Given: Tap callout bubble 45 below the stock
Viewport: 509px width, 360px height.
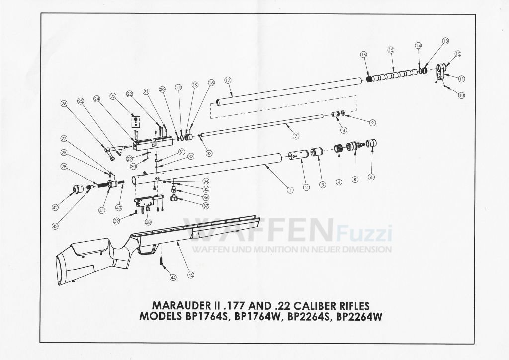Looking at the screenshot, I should pos(190,275).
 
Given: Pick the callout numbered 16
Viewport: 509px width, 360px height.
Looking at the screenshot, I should pos(363,54).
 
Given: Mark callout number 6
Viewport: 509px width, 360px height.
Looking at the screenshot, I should pos(370,177).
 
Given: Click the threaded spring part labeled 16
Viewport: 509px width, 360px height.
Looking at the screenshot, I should pos(369,79).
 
